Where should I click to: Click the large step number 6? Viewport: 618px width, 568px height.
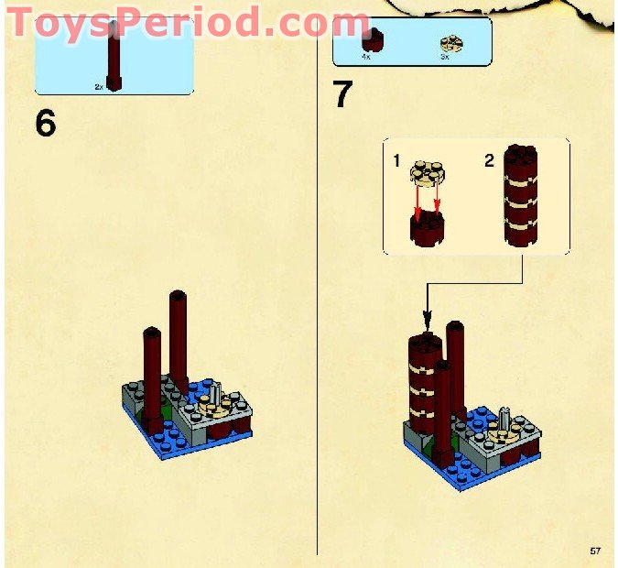tap(45, 123)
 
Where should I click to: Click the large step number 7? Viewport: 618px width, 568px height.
tap(342, 93)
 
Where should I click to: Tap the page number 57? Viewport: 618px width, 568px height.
tap(595, 551)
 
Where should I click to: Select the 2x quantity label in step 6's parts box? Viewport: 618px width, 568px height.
tap(99, 86)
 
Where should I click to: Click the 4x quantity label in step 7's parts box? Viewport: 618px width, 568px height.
tap(366, 56)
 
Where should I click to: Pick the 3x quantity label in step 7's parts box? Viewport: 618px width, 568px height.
tap(445, 56)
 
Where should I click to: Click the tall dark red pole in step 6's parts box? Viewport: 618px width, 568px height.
tap(114, 55)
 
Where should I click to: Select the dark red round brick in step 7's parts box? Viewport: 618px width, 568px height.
tap(371, 39)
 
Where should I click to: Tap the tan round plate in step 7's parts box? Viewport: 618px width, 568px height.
tap(450, 41)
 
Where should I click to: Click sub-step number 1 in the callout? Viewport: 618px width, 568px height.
tap(396, 161)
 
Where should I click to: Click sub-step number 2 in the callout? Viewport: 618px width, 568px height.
tap(489, 161)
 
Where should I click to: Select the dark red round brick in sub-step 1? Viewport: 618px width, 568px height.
tap(427, 229)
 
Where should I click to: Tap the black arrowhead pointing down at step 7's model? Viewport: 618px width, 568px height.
tap(426, 321)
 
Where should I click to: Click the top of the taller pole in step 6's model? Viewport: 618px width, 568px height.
tap(178, 297)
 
